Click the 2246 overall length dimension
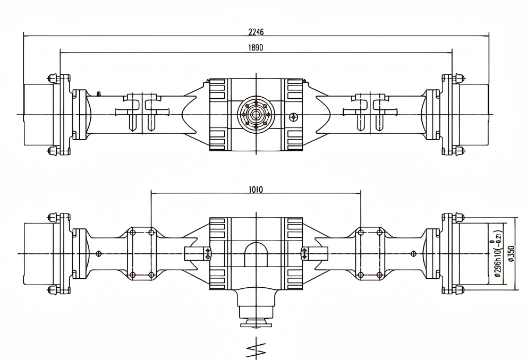point(256,32)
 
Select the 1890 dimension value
point(256,47)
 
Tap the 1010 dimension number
point(256,190)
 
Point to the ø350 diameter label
point(511,254)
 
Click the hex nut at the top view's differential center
point(257,115)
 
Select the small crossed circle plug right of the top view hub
point(293,117)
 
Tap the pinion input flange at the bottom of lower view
point(256,323)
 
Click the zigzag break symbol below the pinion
point(256,349)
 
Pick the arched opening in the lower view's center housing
point(256,254)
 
